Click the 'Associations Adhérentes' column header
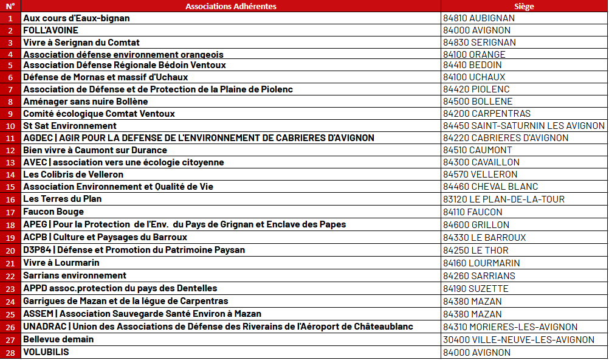(230, 6)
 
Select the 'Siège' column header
(524, 6)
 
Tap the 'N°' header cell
(10, 6)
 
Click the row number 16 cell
(10, 199)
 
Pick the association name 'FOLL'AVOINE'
(50, 30)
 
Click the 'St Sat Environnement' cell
(70, 126)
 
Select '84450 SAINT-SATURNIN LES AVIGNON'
(524, 126)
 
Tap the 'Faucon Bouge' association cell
(53, 212)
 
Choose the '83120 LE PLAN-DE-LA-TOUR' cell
(504, 199)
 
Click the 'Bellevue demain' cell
(58, 339)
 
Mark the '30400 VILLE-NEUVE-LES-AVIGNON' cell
(518, 340)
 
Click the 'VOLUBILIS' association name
(46, 352)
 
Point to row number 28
(10, 353)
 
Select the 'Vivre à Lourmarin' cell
(61, 263)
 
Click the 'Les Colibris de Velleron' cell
(74, 175)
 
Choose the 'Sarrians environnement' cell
(75, 275)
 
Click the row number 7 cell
(10, 89)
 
